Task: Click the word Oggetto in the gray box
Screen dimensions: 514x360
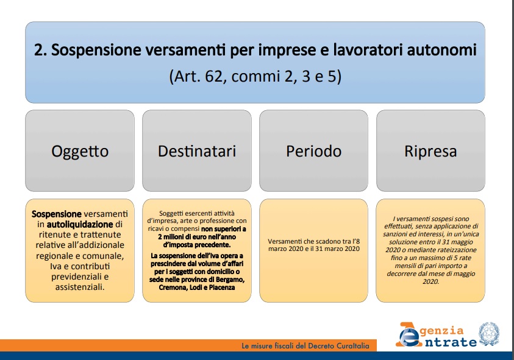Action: (x=80, y=151)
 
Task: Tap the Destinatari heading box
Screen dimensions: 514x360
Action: (x=197, y=150)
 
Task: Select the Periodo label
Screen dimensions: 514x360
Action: (x=314, y=151)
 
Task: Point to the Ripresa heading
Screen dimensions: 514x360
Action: (x=430, y=151)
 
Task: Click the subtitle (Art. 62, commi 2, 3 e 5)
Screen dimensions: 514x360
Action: (x=255, y=76)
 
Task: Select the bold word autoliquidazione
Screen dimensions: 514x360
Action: (x=80, y=224)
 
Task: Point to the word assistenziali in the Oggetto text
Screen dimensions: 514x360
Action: (x=80, y=288)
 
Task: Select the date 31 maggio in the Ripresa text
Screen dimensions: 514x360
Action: (x=457, y=242)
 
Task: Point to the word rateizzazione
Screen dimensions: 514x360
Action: (x=457, y=250)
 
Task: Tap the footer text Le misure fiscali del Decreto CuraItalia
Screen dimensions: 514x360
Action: (x=305, y=346)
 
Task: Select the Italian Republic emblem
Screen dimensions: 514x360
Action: (x=489, y=334)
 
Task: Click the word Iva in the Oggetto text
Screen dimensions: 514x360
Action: (x=55, y=266)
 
